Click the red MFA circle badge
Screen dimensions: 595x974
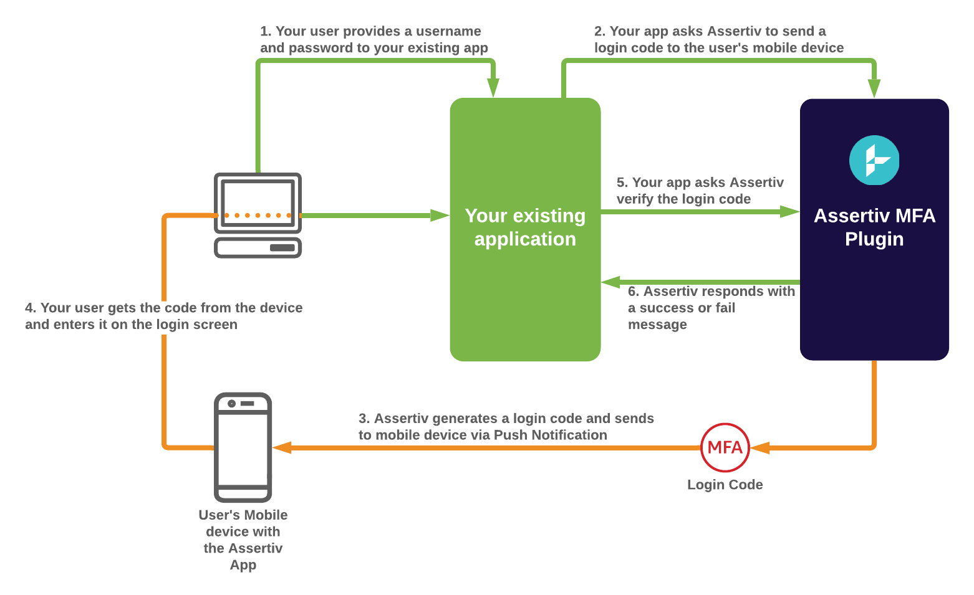click(x=725, y=447)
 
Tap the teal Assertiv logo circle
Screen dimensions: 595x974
click(x=874, y=160)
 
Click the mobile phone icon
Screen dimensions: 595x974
click(x=243, y=447)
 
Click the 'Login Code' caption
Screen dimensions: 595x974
click(x=725, y=485)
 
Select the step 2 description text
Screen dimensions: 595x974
click(x=718, y=39)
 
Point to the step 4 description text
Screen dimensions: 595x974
click(x=163, y=316)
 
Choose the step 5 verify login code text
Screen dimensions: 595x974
click(x=700, y=191)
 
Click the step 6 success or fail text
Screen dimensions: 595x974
click(x=711, y=308)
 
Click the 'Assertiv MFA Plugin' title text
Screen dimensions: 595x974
click(x=874, y=227)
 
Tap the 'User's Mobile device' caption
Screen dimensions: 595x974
click(x=243, y=540)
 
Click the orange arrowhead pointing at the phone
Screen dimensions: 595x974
click(x=282, y=447)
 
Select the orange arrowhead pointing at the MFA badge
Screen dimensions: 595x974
click(x=759, y=447)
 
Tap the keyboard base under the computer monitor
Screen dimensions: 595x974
click(x=258, y=247)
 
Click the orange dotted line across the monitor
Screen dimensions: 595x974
click(x=258, y=216)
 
